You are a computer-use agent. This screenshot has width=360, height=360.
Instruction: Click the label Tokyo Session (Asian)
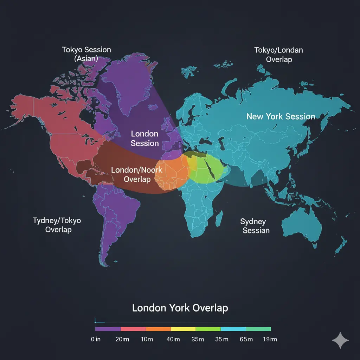coord(86,54)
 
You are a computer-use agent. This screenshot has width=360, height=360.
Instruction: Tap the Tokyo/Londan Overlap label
coord(278,54)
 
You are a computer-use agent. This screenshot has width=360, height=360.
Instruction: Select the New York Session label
coord(281,116)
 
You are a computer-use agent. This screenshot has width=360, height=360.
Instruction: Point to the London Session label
coord(144,139)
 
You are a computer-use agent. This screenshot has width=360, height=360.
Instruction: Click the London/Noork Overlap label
coord(136,174)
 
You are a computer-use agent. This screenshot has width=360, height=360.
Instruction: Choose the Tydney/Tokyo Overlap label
coord(57,225)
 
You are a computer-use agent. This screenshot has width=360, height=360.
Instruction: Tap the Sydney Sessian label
coord(256,226)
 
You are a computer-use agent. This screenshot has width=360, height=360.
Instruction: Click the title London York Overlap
coord(180,308)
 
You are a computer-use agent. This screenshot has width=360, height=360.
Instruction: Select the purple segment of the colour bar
coord(108,329)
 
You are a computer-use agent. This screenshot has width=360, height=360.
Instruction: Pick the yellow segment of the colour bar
coord(183,329)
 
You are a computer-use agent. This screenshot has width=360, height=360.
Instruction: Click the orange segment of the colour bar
coord(158,329)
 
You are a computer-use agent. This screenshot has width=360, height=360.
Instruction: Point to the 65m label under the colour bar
coord(246,339)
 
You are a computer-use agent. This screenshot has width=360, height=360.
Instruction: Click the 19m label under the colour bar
coord(270,339)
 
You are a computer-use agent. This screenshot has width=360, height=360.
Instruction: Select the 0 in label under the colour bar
coord(96,339)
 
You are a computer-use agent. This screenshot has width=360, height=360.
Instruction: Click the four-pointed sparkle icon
coord(340,340)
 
